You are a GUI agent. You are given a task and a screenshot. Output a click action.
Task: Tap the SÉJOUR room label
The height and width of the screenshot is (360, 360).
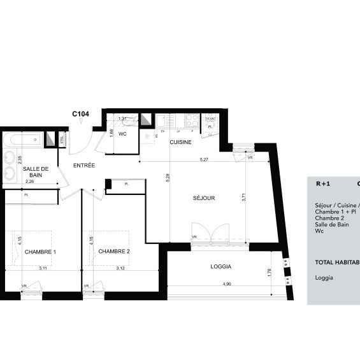coord(204,198)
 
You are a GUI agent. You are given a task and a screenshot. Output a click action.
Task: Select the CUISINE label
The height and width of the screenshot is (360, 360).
coord(180,143)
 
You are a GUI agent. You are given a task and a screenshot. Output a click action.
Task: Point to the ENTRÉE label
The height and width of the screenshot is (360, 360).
coord(84,166)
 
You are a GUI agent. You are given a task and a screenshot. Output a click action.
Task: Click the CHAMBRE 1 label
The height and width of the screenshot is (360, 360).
coord(40,252)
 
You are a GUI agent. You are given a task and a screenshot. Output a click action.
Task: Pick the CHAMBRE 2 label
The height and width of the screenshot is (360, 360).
coord(114,252)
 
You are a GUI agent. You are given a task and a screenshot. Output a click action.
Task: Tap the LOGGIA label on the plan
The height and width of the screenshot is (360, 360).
coord(220,267)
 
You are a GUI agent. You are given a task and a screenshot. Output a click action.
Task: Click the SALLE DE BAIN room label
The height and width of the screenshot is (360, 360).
coord(32,171)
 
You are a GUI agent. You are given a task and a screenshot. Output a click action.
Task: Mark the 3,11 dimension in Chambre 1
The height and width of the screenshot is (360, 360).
coord(42,269)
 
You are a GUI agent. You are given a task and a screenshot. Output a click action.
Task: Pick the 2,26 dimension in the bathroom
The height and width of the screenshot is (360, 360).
coord(29,182)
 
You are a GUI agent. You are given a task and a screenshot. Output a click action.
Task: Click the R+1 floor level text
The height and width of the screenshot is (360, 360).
coord(323,184)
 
